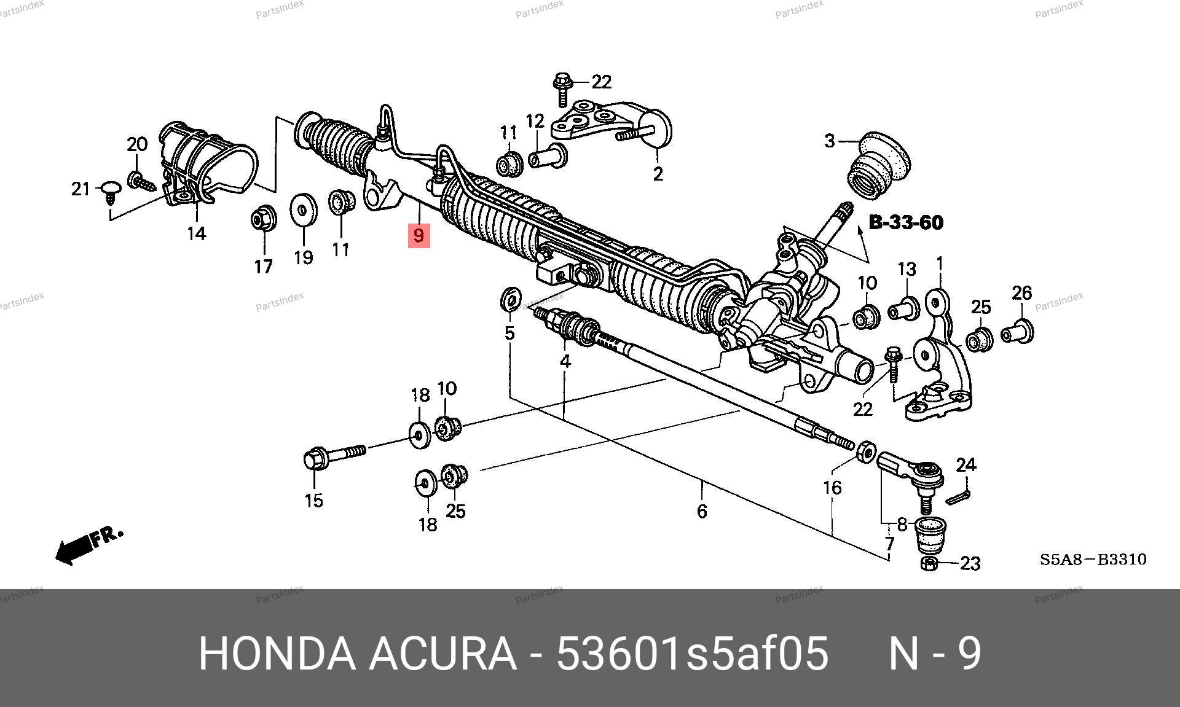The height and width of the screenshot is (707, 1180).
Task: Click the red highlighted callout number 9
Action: click(x=419, y=235)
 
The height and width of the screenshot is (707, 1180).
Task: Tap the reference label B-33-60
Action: click(x=906, y=222)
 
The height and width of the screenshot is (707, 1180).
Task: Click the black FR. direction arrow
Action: click(x=89, y=544)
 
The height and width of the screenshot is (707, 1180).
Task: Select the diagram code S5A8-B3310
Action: click(x=1093, y=560)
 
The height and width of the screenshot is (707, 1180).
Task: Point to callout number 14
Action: click(x=197, y=234)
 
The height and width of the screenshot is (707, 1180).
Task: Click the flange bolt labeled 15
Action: click(x=335, y=456)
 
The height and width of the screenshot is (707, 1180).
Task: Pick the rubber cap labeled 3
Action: click(x=879, y=166)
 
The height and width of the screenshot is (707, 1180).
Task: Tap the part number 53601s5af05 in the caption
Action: click(x=693, y=654)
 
